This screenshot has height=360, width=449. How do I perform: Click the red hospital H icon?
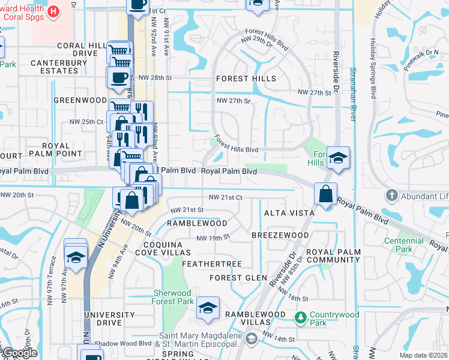click(53, 11)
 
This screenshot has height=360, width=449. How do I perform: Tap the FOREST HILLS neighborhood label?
click(246, 79)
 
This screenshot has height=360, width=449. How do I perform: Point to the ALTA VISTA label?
click(289, 214)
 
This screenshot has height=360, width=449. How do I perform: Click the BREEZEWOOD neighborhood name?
click(280, 235)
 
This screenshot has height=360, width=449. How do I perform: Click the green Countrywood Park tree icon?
click(301, 316)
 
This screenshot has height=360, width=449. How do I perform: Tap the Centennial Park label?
click(404, 245)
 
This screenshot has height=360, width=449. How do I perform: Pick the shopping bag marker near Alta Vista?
click(325, 194)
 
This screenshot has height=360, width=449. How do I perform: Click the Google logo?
click(19, 353)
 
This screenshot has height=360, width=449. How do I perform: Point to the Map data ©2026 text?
click(423, 355)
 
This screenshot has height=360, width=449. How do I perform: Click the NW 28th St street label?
click(155, 78)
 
